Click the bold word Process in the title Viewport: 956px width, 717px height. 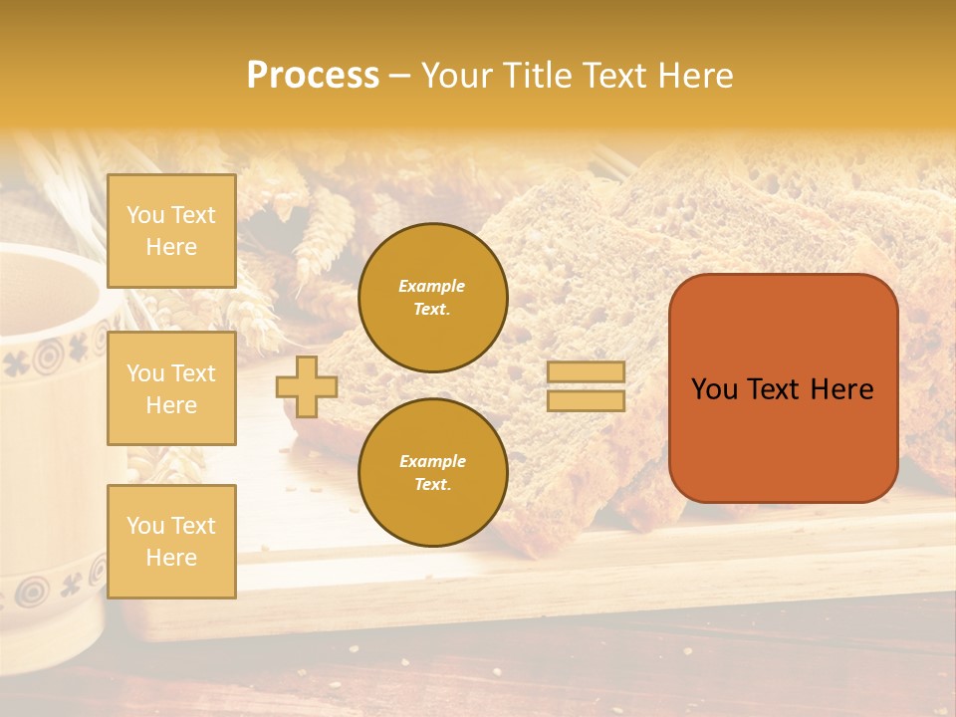313,75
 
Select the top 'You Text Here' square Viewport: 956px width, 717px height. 171,231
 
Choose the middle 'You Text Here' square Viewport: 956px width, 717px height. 171,388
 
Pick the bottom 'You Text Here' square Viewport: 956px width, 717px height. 171,541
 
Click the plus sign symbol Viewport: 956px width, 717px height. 307,386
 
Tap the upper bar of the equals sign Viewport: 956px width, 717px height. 587,371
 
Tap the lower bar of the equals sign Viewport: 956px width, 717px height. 587,400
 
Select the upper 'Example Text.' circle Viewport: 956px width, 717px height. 433,298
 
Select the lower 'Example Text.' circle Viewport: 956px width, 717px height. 433,473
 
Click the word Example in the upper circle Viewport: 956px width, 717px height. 432,286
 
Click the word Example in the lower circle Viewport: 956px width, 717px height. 432,461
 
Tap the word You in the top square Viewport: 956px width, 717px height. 145,215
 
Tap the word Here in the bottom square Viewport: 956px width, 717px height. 171,558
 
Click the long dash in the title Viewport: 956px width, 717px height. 400,77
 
